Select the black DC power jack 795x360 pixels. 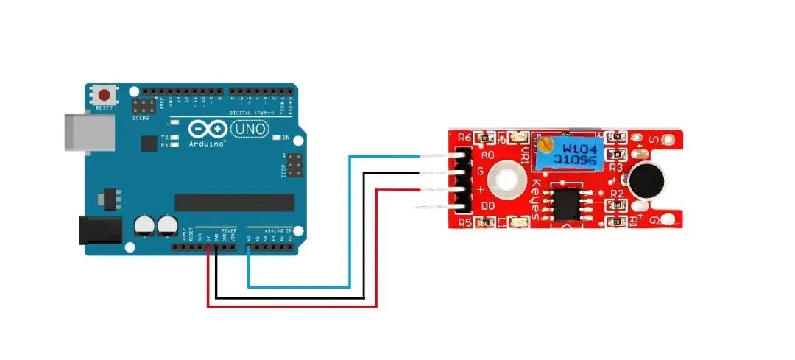pos(99,230)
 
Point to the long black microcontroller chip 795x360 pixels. pos(234,202)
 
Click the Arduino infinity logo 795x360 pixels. pos(208,130)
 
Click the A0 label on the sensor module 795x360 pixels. pos(487,156)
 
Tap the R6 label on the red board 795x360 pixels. pos(464,137)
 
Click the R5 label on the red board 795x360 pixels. pos(464,222)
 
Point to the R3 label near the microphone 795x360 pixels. pos(616,168)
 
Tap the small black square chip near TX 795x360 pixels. pos(149,143)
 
